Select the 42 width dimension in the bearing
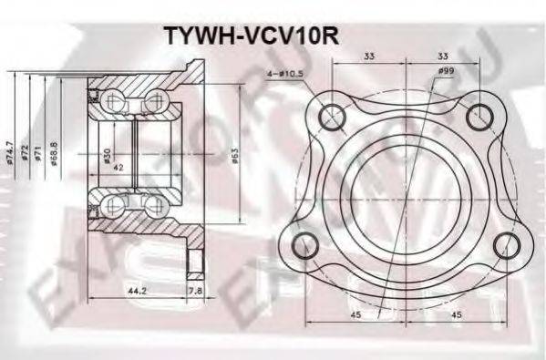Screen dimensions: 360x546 (x=118, y=168)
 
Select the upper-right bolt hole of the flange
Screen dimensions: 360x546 (x=478, y=116)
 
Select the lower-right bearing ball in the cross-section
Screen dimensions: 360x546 (x=151, y=202)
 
